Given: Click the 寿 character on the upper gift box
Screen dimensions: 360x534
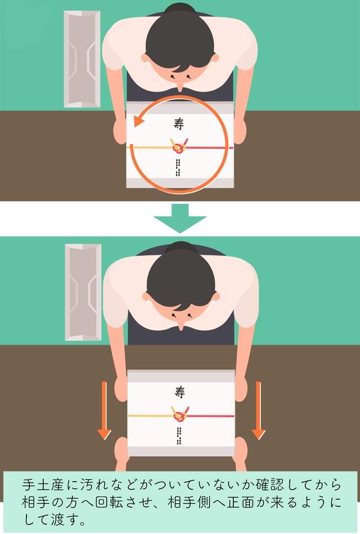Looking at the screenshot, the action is pyautogui.click(x=179, y=123).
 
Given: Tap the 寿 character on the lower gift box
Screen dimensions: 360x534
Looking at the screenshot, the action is pyautogui.click(x=179, y=392).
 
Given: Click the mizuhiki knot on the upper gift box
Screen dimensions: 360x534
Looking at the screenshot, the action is pyautogui.click(x=179, y=146).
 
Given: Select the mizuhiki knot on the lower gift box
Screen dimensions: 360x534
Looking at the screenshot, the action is pyautogui.click(x=180, y=415).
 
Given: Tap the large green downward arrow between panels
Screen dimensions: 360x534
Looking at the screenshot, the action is pyautogui.click(x=180, y=218).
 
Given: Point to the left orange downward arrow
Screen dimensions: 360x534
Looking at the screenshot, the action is pyautogui.click(x=104, y=411).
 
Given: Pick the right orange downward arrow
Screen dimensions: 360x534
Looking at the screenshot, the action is pyautogui.click(x=258, y=411).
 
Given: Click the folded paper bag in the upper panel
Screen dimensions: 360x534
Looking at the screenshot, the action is pyautogui.click(x=82, y=59).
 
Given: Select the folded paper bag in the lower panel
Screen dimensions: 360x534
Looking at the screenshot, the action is pyautogui.click(x=83, y=292).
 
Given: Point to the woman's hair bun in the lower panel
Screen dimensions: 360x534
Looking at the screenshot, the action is pyautogui.click(x=181, y=247).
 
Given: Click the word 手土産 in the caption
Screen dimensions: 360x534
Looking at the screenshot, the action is pyautogui.click(x=43, y=484).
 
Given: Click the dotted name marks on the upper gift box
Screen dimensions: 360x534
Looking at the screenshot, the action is pyautogui.click(x=177, y=168).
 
